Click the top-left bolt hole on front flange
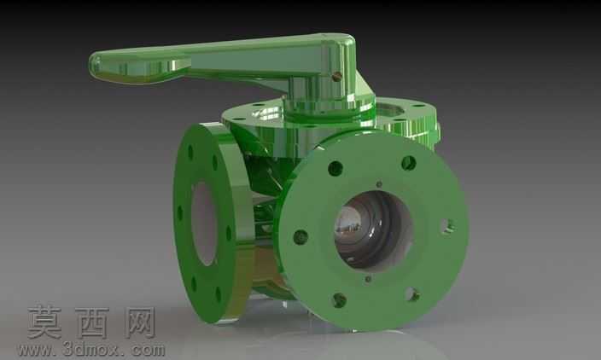pyautogui.click(x=336, y=169)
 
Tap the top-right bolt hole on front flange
pyautogui.click(x=409, y=164)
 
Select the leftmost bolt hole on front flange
pyautogui.click(x=300, y=237)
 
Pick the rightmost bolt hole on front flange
pyautogui.click(x=447, y=226)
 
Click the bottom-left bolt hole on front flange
pyautogui.click(x=339, y=300)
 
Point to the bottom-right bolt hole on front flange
pyautogui.click(x=412, y=294)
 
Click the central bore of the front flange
pyautogui.click(x=373, y=232)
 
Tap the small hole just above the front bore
pyautogui.click(x=379, y=184)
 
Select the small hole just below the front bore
pyautogui.click(x=368, y=279)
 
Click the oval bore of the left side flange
pyautogui.click(x=204, y=224)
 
